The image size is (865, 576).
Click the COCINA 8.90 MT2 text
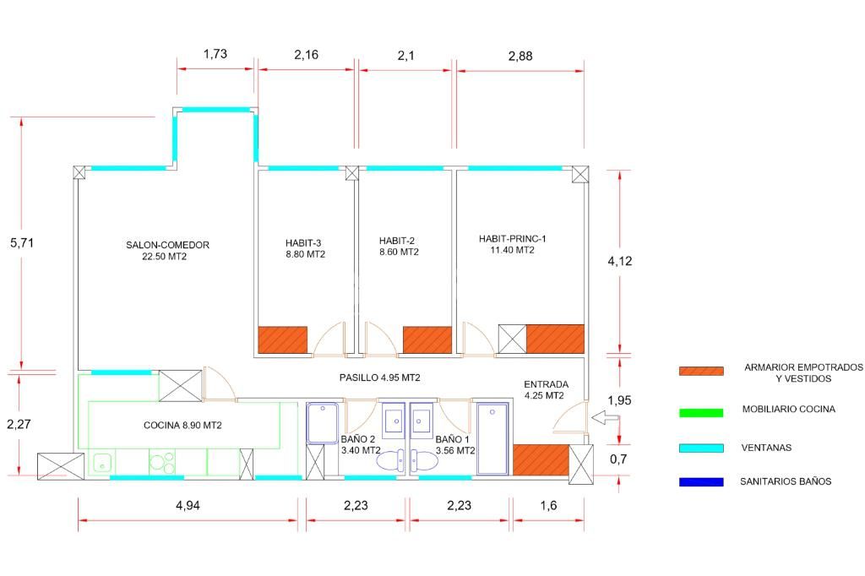tap(182, 426)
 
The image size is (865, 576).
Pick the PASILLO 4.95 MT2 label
tap(380, 378)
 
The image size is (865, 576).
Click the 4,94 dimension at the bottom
tap(188, 506)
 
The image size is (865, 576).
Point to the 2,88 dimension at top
tap(520, 57)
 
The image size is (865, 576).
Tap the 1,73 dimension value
tap(215, 54)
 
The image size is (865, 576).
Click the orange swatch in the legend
tap(701, 371)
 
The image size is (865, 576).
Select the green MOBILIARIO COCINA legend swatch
tap(701, 412)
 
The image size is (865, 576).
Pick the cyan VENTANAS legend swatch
tap(701, 448)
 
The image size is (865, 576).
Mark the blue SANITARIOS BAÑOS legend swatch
tap(701, 482)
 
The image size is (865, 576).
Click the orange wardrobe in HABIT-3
tap(282, 340)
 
